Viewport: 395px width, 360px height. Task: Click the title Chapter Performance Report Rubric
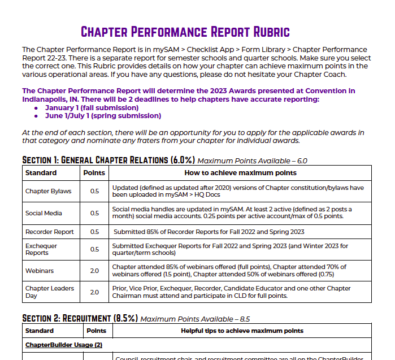(x=185, y=31)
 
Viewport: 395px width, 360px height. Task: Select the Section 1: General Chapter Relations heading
(x=108, y=160)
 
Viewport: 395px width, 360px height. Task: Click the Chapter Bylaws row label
(x=48, y=191)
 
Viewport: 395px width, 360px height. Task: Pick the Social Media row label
(x=44, y=213)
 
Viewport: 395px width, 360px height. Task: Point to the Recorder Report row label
(x=49, y=232)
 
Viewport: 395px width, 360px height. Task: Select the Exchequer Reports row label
(x=41, y=249)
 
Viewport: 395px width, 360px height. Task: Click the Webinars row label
(x=40, y=271)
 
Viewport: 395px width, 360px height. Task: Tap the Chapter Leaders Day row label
(x=49, y=292)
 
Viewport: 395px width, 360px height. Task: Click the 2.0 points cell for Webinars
(x=94, y=271)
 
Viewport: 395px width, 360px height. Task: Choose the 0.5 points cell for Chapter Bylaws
(x=94, y=191)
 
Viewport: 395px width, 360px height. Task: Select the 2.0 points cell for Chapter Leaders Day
(x=94, y=292)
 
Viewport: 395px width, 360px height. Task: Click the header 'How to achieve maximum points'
(x=240, y=173)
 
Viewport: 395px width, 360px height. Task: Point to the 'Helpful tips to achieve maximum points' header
(x=242, y=331)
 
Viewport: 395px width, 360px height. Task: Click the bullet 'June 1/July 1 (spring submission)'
(x=103, y=115)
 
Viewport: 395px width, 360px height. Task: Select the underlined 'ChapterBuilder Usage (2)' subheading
(x=63, y=344)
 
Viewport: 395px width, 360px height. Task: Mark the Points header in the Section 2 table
(x=98, y=331)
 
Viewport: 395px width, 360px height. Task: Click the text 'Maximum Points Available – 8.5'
(x=195, y=319)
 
